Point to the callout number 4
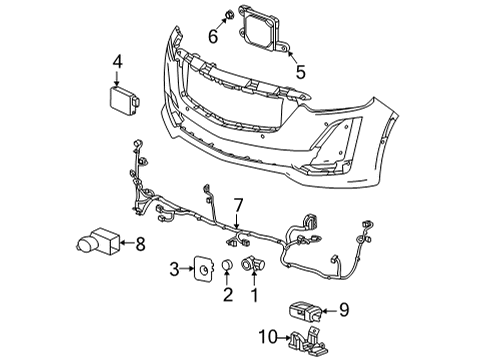pyautogui.click(x=117, y=63)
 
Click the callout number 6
pyautogui.click(x=212, y=37)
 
